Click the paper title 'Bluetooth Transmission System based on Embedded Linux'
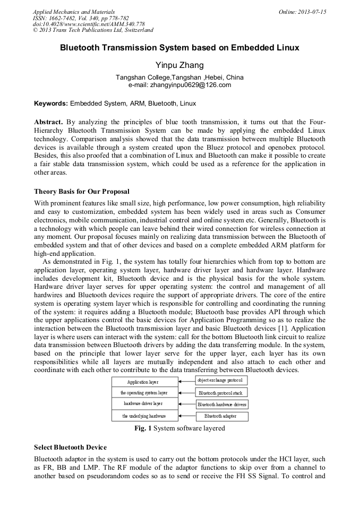click(179, 48)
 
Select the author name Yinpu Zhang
click(179, 65)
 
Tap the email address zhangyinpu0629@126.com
click(179, 85)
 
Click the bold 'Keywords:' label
click(51, 103)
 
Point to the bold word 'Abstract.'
click(49, 122)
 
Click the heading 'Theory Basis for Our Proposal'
click(82, 191)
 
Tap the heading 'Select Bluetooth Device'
click(70, 447)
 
